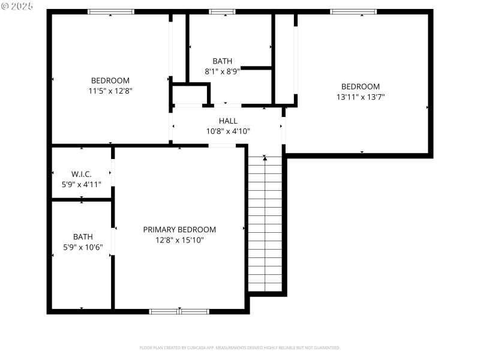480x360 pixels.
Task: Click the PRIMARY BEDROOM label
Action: click(x=179, y=230)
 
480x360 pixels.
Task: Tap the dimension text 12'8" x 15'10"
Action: click(x=179, y=240)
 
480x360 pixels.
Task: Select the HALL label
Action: click(x=228, y=121)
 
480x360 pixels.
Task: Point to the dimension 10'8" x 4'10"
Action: click(x=228, y=131)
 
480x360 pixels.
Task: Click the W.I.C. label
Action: click(x=81, y=175)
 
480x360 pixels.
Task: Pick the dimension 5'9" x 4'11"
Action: click(x=81, y=185)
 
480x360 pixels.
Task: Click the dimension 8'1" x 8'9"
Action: click(x=222, y=71)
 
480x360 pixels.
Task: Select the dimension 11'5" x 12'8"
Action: click(x=110, y=91)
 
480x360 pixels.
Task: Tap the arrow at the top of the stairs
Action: click(x=265, y=158)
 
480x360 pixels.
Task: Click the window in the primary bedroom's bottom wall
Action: click(x=179, y=311)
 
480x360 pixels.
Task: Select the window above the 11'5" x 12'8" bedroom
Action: click(x=111, y=11)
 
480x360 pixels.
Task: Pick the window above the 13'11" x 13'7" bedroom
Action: click(x=353, y=11)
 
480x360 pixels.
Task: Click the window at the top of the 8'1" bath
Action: click(x=222, y=11)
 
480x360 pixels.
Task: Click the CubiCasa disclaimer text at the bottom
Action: click(x=239, y=347)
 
